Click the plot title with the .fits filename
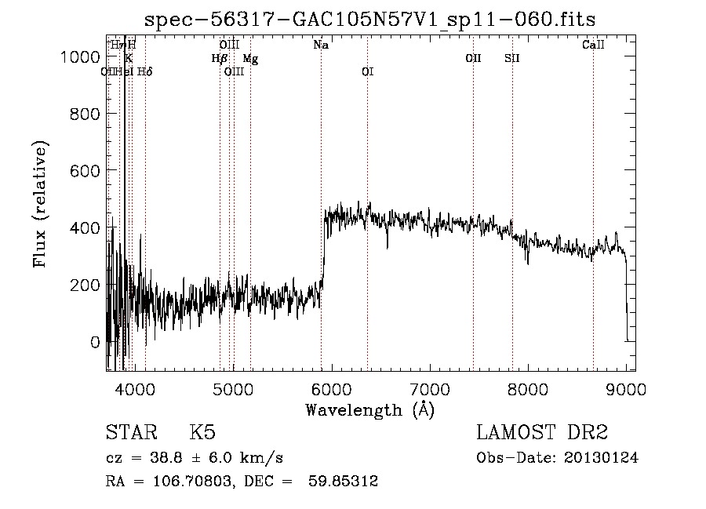point(370,20)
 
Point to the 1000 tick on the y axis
point(82,57)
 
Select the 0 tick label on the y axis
point(94,342)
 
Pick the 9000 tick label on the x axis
point(626,389)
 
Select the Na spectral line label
point(320,45)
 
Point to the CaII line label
point(593,45)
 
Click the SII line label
point(511,58)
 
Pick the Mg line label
point(250,58)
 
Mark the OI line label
point(367,71)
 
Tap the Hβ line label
point(219,58)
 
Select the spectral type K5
point(202,433)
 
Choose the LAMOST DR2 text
point(542,433)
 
